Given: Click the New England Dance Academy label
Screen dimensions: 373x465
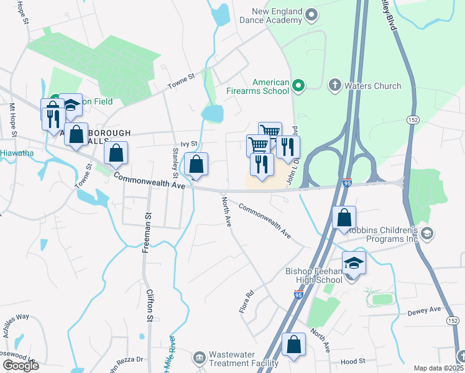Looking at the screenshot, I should point(277,16).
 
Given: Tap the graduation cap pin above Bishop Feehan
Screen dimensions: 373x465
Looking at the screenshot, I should point(354,263).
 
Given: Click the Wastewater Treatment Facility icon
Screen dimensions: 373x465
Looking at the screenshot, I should point(199,357).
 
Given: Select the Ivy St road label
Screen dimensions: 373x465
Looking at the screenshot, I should point(188,144).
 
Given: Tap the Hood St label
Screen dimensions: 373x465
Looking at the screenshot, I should point(353,361).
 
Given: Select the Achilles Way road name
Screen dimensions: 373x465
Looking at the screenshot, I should point(14,316).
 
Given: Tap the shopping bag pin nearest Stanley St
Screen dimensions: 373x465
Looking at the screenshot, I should point(196,165).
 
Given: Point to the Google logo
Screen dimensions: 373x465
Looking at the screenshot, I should point(20,365).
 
